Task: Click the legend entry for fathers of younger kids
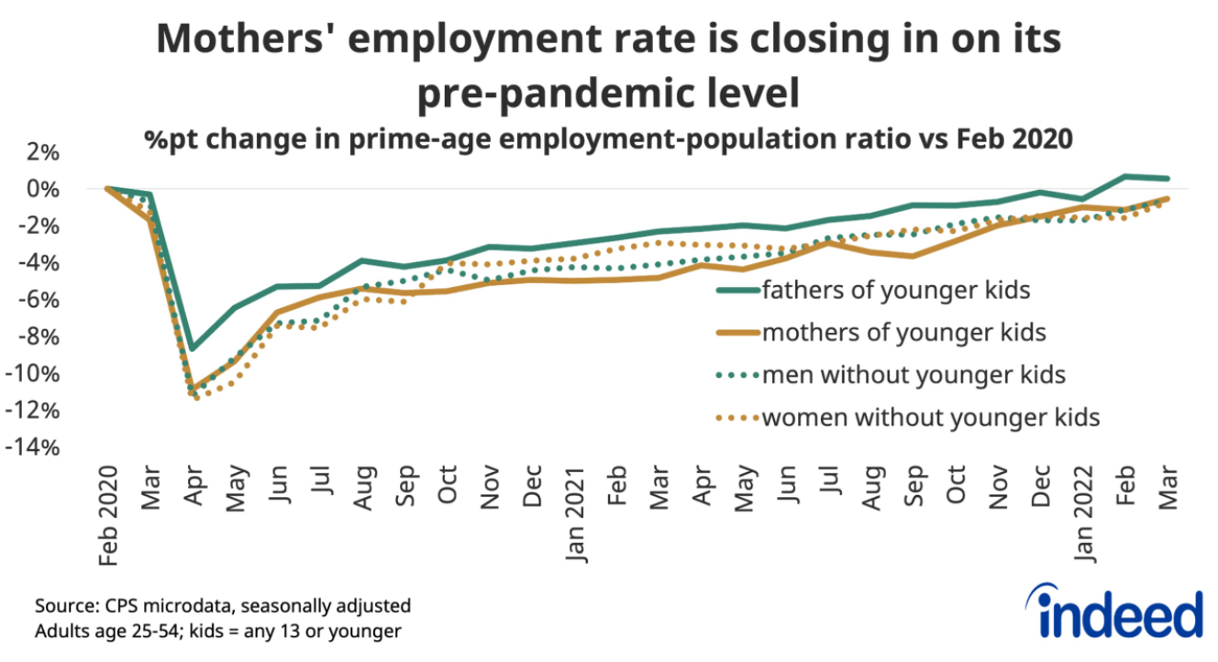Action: (x=895, y=291)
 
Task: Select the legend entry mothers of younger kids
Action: (x=902, y=332)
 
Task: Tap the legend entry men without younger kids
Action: (x=913, y=374)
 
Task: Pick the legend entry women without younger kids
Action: (x=929, y=417)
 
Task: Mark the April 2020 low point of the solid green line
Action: (x=192, y=349)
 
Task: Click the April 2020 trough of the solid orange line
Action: (x=192, y=388)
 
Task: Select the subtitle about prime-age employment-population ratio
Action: (x=607, y=139)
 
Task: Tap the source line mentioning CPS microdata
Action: (x=223, y=606)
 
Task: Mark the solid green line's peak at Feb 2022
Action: (x=1125, y=175)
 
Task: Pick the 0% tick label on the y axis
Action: (x=41, y=189)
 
